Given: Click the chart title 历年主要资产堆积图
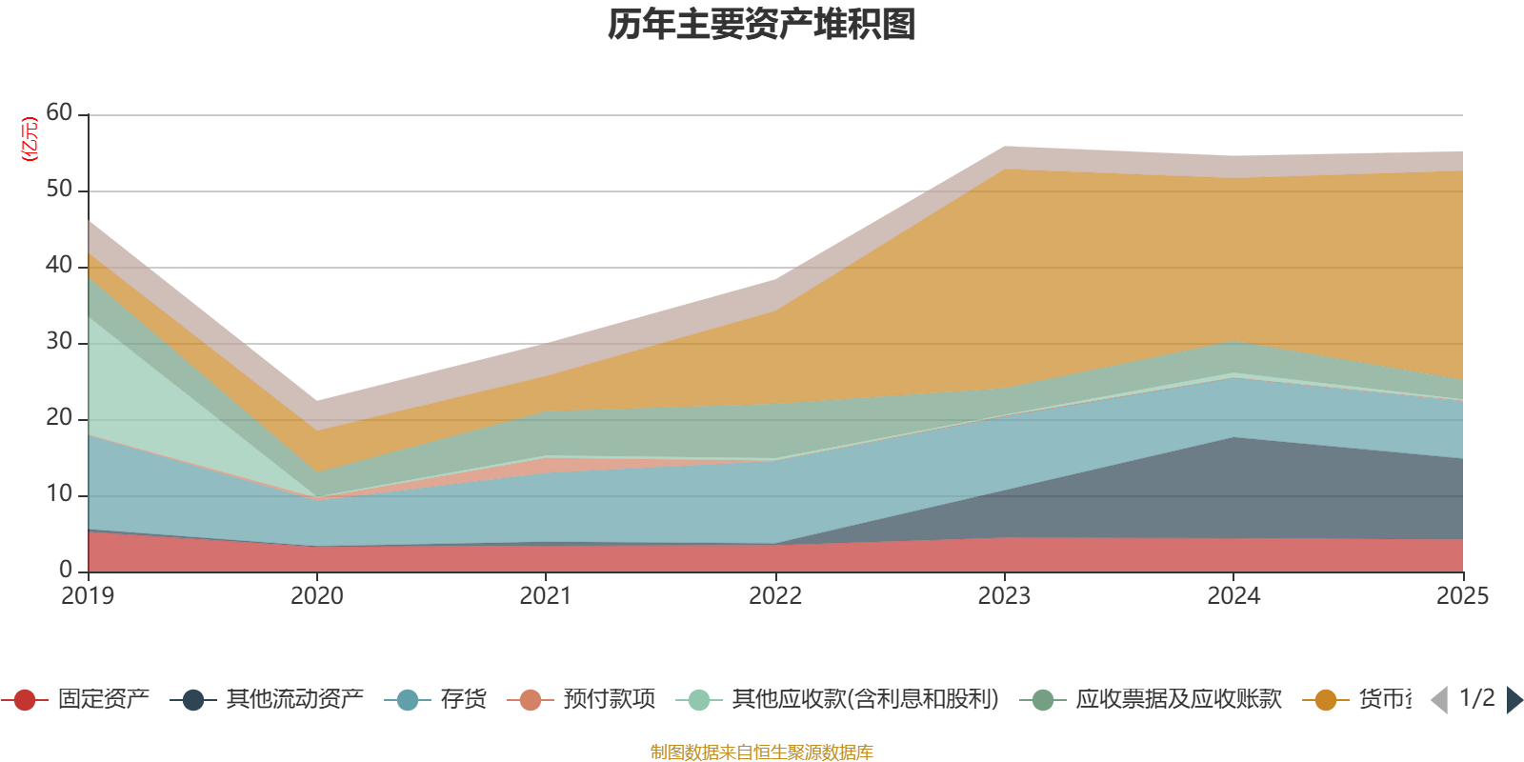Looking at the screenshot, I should pyautogui.click(x=762, y=25).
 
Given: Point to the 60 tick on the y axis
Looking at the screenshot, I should pyautogui.click(x=59, y=113).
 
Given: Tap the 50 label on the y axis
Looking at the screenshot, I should pyautogui.click(x=59, y=190).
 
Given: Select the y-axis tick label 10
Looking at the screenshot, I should pyautogui.click(x=59, y=494).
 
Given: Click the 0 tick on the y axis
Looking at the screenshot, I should pyautogui.click(x=66, y=570).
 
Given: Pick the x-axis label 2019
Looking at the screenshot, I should pyautogui.click(x=88, y=596).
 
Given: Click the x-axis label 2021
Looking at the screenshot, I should pyautogui.click(x=546, y=596).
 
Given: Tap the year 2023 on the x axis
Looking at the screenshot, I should pyautogui.click(x=1004, y=596).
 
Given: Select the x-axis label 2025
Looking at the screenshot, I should pyautogui.click(x=1462, y=596).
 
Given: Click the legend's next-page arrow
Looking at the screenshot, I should pyautogui.click(x=1514, y=700).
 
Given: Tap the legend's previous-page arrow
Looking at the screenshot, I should pyautogui.click(x=1439, y=700).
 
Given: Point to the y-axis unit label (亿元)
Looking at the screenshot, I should pyautogui.click(x=30, y=139).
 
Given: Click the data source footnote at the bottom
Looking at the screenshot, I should pyautogui.click(x=762, y=752).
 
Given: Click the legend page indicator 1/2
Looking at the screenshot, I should pyautogui.click(x=1477, y=698).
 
